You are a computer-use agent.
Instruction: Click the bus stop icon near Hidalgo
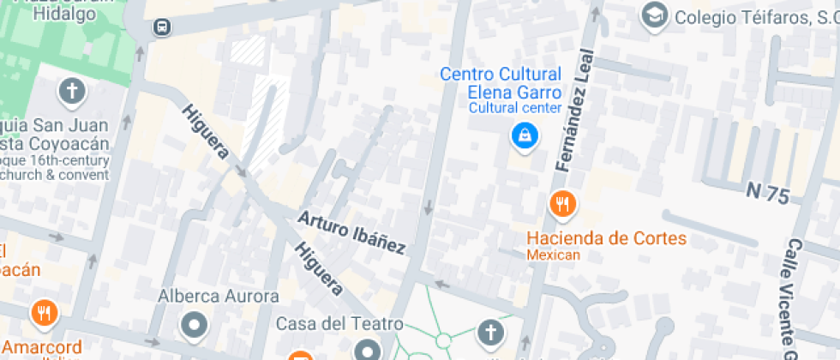pyautogui.click(x=161, y=28)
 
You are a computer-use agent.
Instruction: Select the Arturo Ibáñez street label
pyautogui.click(x=351, y=231)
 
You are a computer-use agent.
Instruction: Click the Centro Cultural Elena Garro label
pyautogui.click(x=501, y=83)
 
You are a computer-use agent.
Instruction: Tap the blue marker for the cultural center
pyautogui.click(x=521, y=135)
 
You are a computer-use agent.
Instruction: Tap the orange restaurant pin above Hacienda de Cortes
pyautogui.click(x=561, y=204)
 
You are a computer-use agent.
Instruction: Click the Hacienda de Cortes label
pyautogui.click(x=607, y=237)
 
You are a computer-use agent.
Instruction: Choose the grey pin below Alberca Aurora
pyautogui.click(x=195, y=326)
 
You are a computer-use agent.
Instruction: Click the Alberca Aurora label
pyautogui.click(x=219, y=297)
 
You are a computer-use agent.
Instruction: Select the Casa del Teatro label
pyautogui.click(x=339, y=324)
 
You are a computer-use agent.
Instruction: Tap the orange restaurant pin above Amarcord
pyautogui.click(x=43, y=313)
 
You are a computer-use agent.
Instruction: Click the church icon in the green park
pyautogui.click(x=489, y=332)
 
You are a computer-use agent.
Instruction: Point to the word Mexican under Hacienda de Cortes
pyautogui.click(x=554, y=255)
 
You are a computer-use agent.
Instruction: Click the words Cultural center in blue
pyautogui.click(x=514, y=108)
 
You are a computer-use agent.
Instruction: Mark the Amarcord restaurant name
pyautogui.click(x=40, y=347)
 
